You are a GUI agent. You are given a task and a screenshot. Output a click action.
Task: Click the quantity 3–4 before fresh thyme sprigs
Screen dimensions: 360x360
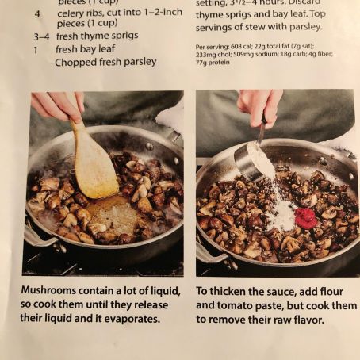point(41,36)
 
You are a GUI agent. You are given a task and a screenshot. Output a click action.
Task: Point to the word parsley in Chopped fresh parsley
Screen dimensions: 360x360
point(139,62)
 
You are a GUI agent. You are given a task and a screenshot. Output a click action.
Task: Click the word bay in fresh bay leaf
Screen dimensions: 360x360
point(91,49)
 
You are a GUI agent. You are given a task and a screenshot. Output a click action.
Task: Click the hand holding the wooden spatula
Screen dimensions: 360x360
point(58,105)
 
